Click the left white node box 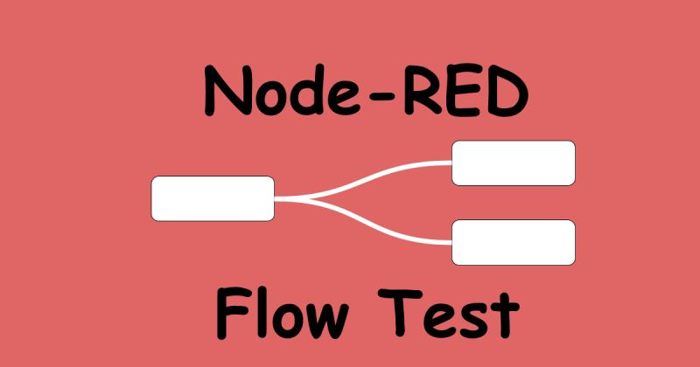point(213,198)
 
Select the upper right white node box point(513,163)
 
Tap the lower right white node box point(513,242)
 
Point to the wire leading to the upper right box point(385,172)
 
